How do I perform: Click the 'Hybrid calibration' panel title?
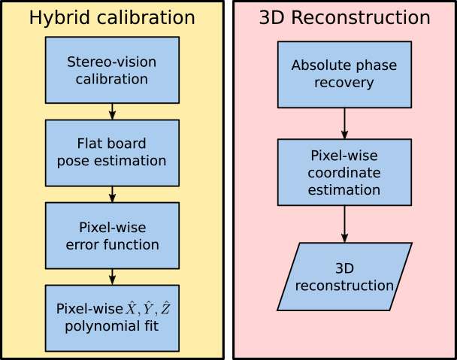[112, 18]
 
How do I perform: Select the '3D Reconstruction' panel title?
[344, 17]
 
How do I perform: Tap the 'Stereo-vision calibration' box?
[112, 70]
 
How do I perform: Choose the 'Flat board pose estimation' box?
[112, 153]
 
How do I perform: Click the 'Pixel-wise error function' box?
[112, 235]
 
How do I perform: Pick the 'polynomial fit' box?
[112, 319]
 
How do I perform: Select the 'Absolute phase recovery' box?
[344, 74]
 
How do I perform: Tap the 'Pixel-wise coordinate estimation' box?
[344, 172]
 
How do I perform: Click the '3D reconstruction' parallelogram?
[344, 277]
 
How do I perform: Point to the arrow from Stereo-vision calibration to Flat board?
[112, 111]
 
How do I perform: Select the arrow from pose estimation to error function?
[112, 195]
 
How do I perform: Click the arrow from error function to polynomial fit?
[112, 277]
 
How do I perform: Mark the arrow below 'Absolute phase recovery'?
[344, 123]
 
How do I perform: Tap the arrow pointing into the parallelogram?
[344, 224]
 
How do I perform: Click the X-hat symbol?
[131, 308]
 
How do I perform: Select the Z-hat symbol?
[165, 308]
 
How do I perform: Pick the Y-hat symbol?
[148, 308]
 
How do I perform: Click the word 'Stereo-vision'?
[112, 62]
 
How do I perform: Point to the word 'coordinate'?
[344, 173]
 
